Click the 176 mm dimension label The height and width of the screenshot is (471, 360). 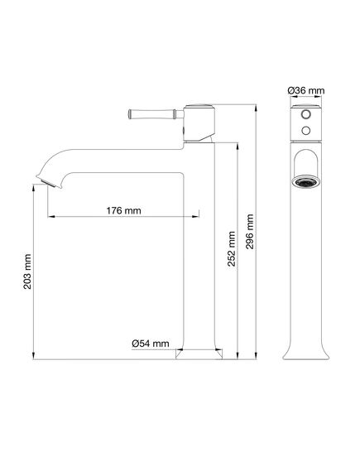[x=123, y=210]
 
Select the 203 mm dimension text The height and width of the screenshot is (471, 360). [x=27, y=272]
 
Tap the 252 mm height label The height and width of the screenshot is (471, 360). [x=232, y=248]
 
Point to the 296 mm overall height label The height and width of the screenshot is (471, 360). [x=250, y=231]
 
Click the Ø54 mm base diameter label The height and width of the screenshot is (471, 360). [x=151, y=344]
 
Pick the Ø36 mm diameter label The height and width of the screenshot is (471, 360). [x=306, y=90]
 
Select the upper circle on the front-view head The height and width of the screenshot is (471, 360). [x=306, y=114]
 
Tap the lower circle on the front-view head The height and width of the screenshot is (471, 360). [x=306, y=130]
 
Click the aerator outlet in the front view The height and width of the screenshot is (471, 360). [x=306, y=182]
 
